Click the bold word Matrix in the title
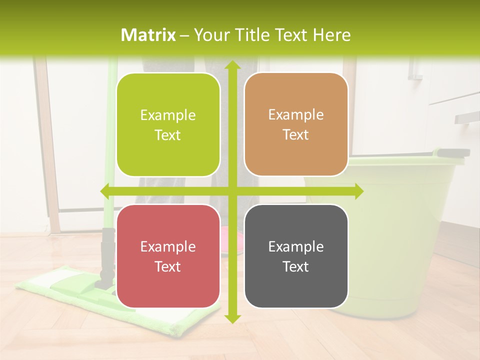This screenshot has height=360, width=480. tap(148, 35)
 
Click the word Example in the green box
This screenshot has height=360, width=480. tap(168, 115)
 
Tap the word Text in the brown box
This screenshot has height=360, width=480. tap(296, 135)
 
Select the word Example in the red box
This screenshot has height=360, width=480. tap(168, 247)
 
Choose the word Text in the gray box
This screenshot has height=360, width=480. tap(296, 267)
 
